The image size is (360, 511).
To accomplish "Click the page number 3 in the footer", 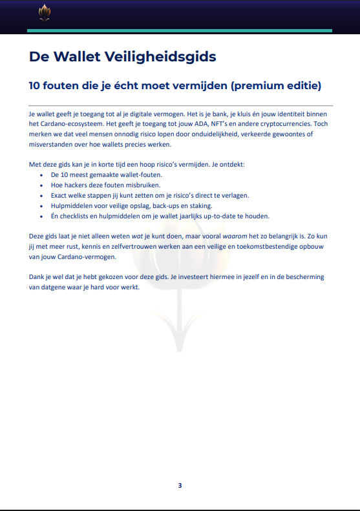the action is pos(180,486).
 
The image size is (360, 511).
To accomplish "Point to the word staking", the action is pos(198,205).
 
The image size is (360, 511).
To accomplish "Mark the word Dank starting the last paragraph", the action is pos(37,277).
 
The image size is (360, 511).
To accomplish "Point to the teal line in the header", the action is pos(180,30).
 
